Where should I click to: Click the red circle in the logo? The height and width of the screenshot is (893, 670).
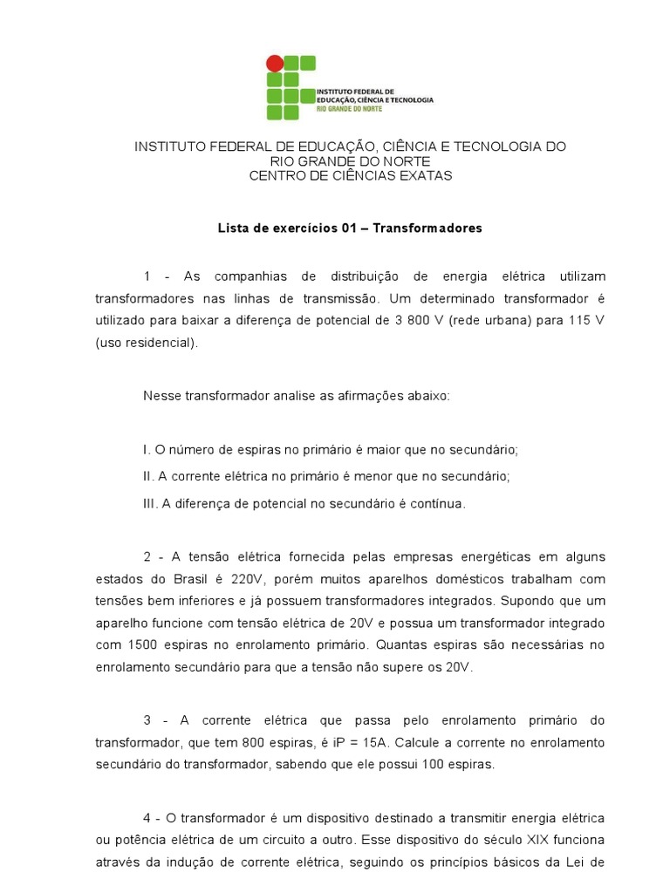274,63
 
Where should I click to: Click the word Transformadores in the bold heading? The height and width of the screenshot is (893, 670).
427,228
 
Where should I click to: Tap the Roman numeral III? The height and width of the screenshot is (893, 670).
150,503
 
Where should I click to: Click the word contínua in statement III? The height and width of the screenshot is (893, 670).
440,503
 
